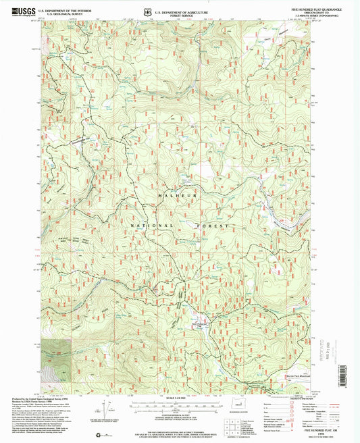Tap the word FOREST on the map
(x=215, y=224)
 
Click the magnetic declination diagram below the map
(x=107, y=410)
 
